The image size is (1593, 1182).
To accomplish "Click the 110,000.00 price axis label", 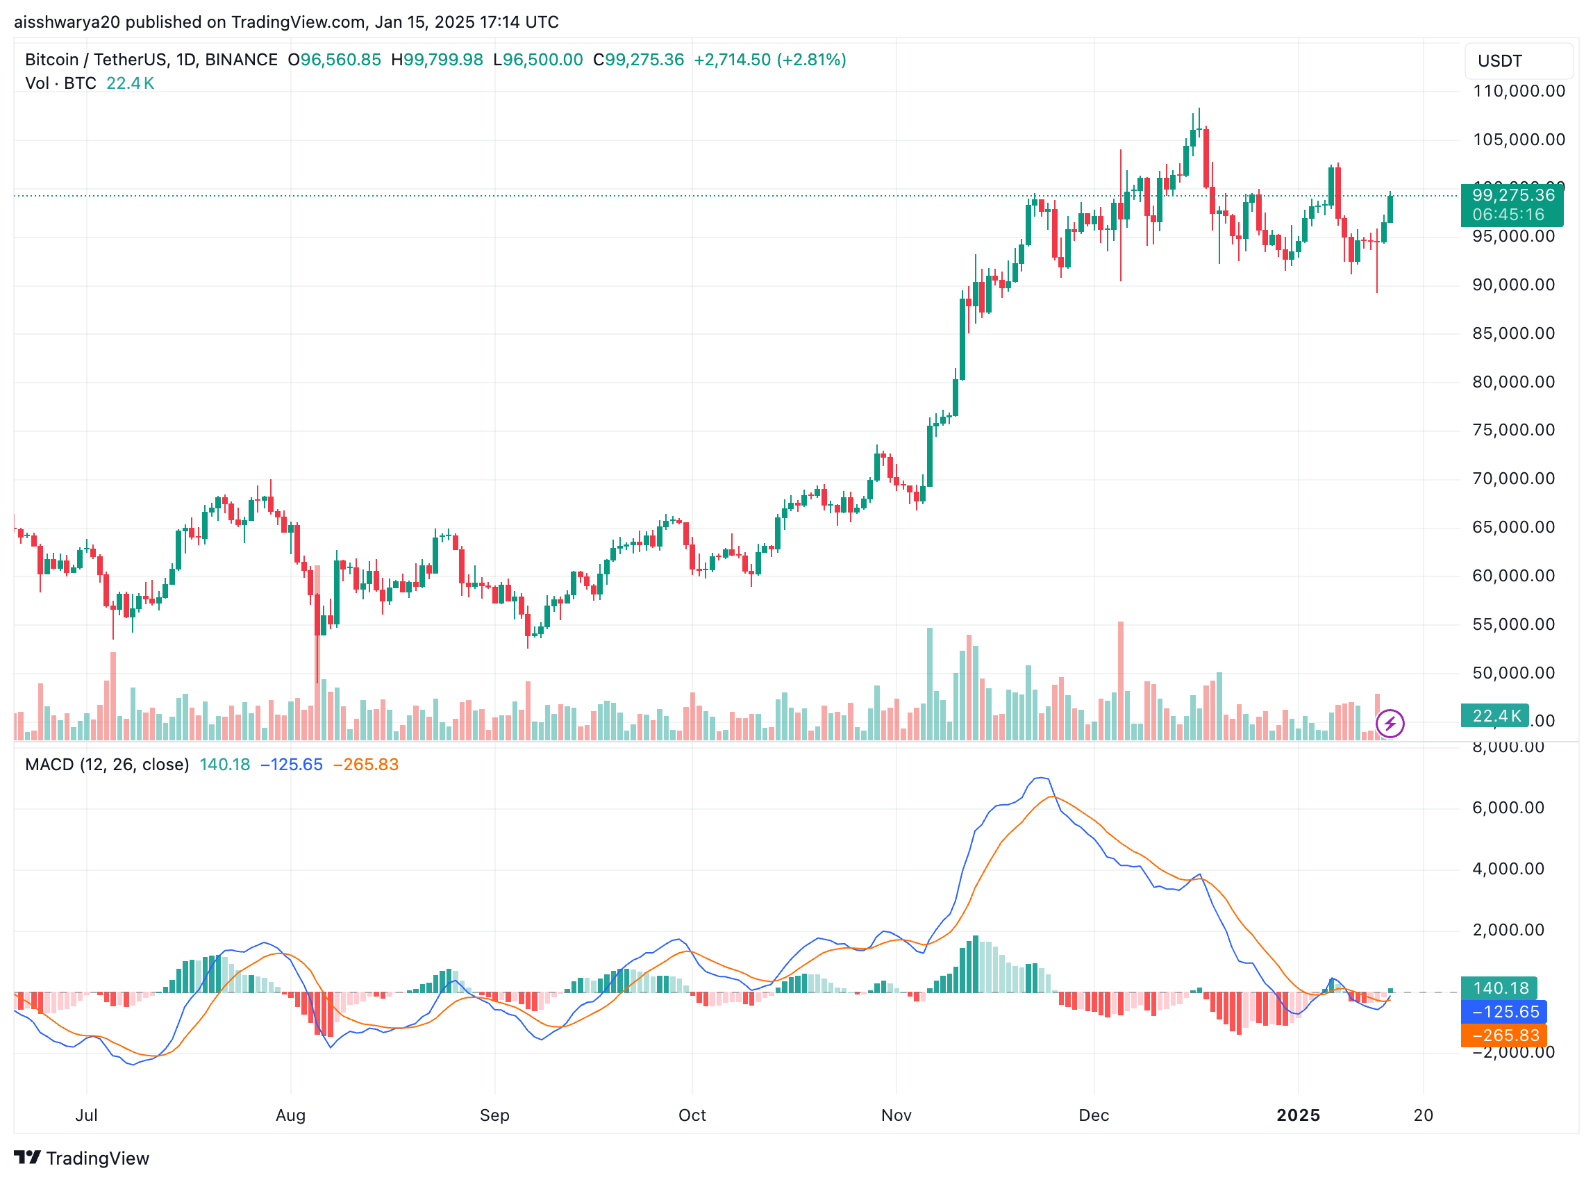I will click(x=1518, y=91).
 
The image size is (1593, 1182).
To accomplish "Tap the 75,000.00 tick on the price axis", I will click(x=1512, y=430).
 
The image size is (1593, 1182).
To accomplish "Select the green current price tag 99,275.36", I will click(x=1512, y=195).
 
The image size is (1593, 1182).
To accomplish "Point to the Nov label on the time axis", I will click(x=896, y=1115).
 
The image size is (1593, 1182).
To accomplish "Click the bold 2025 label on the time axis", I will click(x=1298, y=1115).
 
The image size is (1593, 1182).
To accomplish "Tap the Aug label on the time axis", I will click(x=290, y=1115).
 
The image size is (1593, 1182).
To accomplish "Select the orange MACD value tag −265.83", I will click(x=1504, y=1035).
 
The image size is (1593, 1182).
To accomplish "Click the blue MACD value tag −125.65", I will click(x=1504, y=1012).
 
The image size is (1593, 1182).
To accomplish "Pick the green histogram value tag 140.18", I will click(x=1500, y=988).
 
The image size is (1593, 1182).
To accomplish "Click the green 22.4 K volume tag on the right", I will click(x=1496, y=715).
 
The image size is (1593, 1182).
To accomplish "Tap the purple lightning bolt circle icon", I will click(x=1389, y=724).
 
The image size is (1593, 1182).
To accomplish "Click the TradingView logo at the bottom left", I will click(x=81, y=1158).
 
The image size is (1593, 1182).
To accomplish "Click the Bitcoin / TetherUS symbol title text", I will click(x=151, y=60).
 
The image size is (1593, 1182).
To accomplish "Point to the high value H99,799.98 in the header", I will click(x=436, y=60).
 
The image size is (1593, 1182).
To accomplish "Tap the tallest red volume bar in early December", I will click(x=1120, y=680).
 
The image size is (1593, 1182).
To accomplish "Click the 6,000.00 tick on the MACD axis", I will click(x=1508, y=808).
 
